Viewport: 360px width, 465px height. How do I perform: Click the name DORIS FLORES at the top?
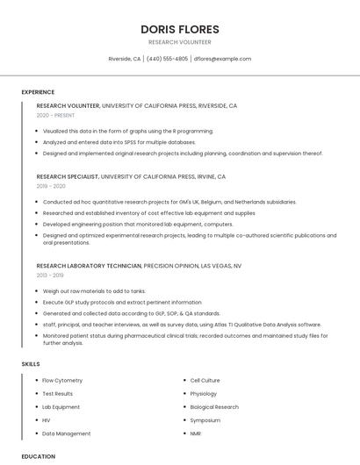(x=179, y=29)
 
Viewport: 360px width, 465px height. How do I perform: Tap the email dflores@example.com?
(x=222, y=59)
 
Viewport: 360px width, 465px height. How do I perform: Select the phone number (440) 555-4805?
(x=167, y=59)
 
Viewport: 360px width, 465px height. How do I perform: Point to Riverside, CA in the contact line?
(x=124, y=59)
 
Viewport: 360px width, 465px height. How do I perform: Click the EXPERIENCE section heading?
(x=38, y=92)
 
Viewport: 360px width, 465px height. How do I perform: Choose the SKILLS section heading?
(x=31, y=363)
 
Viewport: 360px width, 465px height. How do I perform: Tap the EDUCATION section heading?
(x=39, y=456)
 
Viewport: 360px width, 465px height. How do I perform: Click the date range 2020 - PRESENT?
(x=55, y=116)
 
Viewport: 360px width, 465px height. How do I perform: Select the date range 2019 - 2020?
(x=51, y=186)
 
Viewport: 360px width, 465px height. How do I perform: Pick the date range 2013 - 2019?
(x=51, y=275)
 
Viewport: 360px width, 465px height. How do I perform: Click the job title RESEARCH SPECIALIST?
(x=68, y=176)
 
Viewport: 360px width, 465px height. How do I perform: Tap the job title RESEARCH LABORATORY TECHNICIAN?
(x=88, y=265)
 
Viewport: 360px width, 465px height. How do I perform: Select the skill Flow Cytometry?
(x=62, y=381)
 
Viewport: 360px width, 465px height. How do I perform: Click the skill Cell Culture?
(x=205, y=381)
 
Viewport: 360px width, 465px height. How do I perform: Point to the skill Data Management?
(x=66, y=433)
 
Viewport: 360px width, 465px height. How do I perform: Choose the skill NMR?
(x=196, y=433)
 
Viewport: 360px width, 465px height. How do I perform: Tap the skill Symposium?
(x=205, y=420)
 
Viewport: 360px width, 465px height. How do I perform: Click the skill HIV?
(x=47, y=420)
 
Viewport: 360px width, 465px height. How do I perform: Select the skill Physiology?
(x=204, y=394)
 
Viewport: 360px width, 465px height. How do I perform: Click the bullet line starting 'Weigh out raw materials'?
(x=94, y=290)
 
